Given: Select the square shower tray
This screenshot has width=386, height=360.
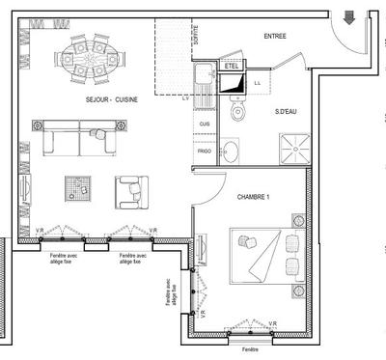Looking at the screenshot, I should pos(293,148).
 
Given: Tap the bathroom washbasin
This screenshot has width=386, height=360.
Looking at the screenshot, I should pos(230,152).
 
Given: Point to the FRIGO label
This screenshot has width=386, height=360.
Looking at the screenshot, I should pos(205,152).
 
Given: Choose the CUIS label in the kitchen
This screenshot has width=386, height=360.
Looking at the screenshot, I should pos(205,125).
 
